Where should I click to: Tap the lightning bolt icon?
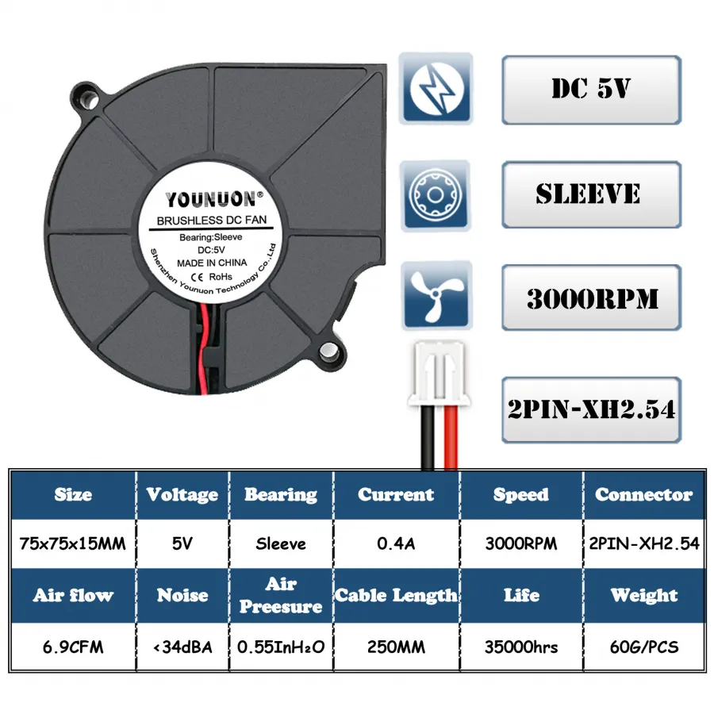(x=436, y=88)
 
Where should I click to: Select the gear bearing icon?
(x=436, y=195)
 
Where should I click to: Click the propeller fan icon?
(x=436, y=295)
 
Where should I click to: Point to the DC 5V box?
(x=591, y=90)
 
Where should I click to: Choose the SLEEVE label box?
(x=591, y=194)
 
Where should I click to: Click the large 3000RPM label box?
(x=591, y=297)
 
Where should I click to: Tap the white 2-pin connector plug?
(x=439, y=374)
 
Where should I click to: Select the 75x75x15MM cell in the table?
(x=73, y=543)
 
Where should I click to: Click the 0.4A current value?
(x=396, y=543)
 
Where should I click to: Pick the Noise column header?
(x=182, y=595)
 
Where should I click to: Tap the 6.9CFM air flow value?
(x=73, y=647)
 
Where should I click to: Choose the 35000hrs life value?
(x=521, y=647)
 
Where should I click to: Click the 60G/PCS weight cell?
(x=644, y=647)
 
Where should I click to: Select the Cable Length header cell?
(x=396, y=595)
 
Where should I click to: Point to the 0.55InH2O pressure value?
(x=281, y=647)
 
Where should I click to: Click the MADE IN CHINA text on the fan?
(x=212, y=263)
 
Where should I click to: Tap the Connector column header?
(x=644, y=494)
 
